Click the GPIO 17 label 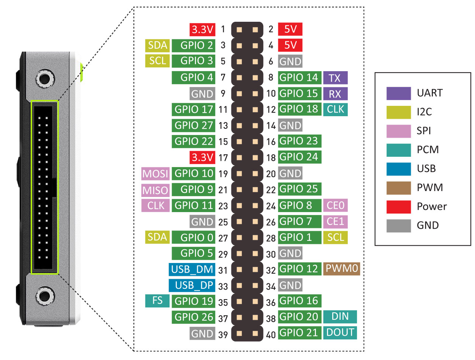pyautogui.click(x=193, y=110)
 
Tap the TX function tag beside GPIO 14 pyautogui.click(x=335, y=78)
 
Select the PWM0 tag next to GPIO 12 pyautogui.click(x=341, y=269)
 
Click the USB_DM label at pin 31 pyautogui.click(x=192, y=269)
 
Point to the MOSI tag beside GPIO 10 pyautogui.click(x=155, y=174)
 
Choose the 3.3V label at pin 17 pyautogui.click(x=202, y=157)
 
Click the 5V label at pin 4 pyautogui.click(x=290, y=45)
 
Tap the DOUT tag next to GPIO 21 pyautogui.click(x=340, y=333)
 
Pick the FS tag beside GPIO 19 pyautogui.click(x=157, y=301)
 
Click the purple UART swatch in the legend pyautogui.click(x=398, y=93)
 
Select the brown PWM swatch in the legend pyautogui.click(x=398, y=188)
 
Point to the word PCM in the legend pyautogui.click(x=427, y=150)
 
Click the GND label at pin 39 pyautogui.click(x=202, y=334)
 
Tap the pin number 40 pyautogui.click(x=271, y=335)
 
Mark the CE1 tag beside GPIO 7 pyautogui.click(x=335, y=221)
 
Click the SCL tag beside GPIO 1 pyautogui.click(x=335, y=237)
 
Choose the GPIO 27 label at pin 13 pyautogui.click(x=193, y=125)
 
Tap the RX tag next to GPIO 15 pyautogui.click(x=335, y=94)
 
